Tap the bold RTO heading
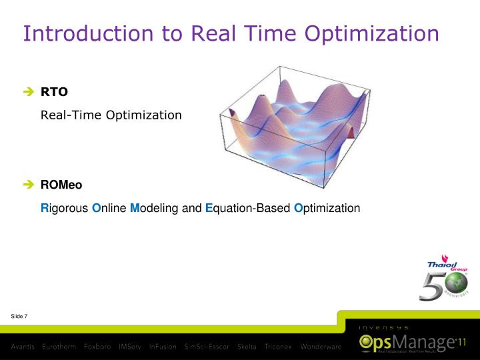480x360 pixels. pos(55,92)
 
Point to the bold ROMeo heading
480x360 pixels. pos(61,185)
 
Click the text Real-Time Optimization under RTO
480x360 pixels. pos(111,115)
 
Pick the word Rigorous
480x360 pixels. pos(65,208)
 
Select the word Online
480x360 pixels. pos(109,208)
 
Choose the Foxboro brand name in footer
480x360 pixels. pos(97,347)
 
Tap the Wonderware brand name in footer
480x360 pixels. pos(321,347)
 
